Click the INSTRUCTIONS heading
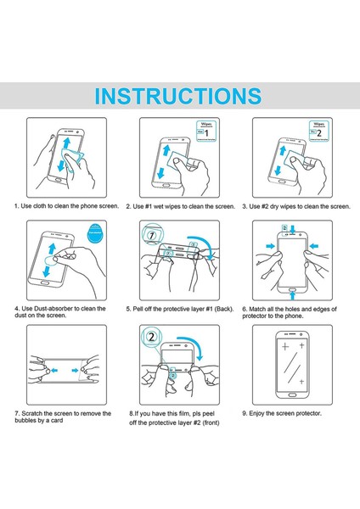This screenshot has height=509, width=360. [178, 93]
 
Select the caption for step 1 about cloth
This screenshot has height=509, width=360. [64, 206]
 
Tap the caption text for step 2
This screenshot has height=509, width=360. [180, 206]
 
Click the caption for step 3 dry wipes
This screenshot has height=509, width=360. [295, 206]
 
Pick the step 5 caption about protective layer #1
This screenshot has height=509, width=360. [180, 309]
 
